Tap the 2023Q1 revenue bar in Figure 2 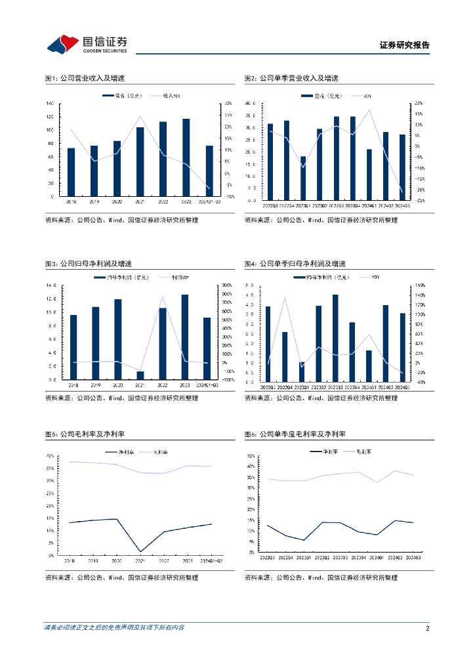click(x=303, y=178)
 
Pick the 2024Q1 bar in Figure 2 click(x=369, y=175)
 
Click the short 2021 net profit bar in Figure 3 click(x=140, y=375)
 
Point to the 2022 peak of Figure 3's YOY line click(x=162, y=297)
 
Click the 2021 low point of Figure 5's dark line click(x=140, y=552)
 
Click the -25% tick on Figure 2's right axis click(x=419, y=200)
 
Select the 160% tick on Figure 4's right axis click(x=419, y=285)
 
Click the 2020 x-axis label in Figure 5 click(x=117, y=561)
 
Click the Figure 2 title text click(x=291, y=78)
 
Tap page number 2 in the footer click(x=427, y=628)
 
